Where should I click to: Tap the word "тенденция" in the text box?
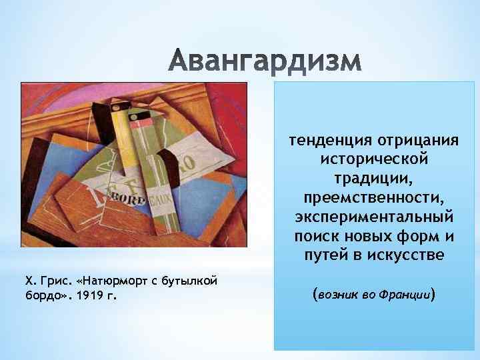(321, 141)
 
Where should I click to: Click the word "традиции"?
(373, 180)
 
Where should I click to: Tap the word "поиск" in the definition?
(315, 237)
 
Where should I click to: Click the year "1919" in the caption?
(91, 294)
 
